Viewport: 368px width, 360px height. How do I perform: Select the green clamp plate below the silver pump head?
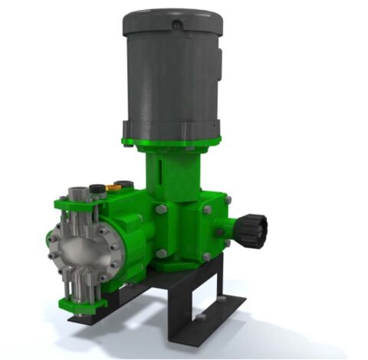click(84, 303)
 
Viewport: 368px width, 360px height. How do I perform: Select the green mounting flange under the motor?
click(170, 142)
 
